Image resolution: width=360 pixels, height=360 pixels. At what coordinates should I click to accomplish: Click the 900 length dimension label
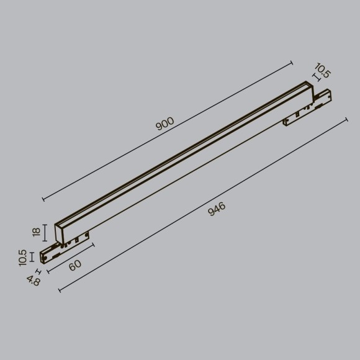(x=165, y=124)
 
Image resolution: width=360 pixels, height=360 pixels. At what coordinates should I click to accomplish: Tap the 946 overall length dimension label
(x=216, y=209)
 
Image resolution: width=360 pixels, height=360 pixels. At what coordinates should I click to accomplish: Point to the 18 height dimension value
(x=37, y=232)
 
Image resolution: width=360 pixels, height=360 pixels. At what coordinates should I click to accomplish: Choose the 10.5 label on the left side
(x=23, y=258)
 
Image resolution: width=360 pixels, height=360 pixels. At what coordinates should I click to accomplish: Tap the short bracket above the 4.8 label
(x=39, y=272)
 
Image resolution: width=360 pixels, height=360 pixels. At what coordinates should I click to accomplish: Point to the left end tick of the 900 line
(x=43, y=199)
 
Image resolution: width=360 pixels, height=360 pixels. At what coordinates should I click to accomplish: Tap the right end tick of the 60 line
(x=93, y=245)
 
